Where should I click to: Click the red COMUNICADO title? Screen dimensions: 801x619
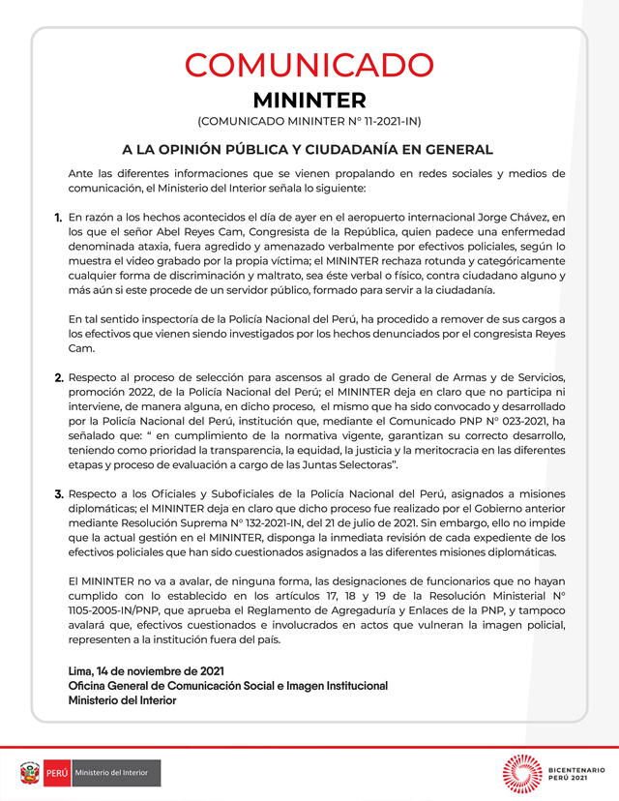tap(309, 65)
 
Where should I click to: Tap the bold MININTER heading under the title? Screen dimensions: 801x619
tap(309, 101)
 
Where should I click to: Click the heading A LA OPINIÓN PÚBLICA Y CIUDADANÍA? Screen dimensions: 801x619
tap(309, 150)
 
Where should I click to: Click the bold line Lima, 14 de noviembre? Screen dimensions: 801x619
tap(146, 670)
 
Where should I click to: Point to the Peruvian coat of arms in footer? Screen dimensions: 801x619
tap(30, 773)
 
